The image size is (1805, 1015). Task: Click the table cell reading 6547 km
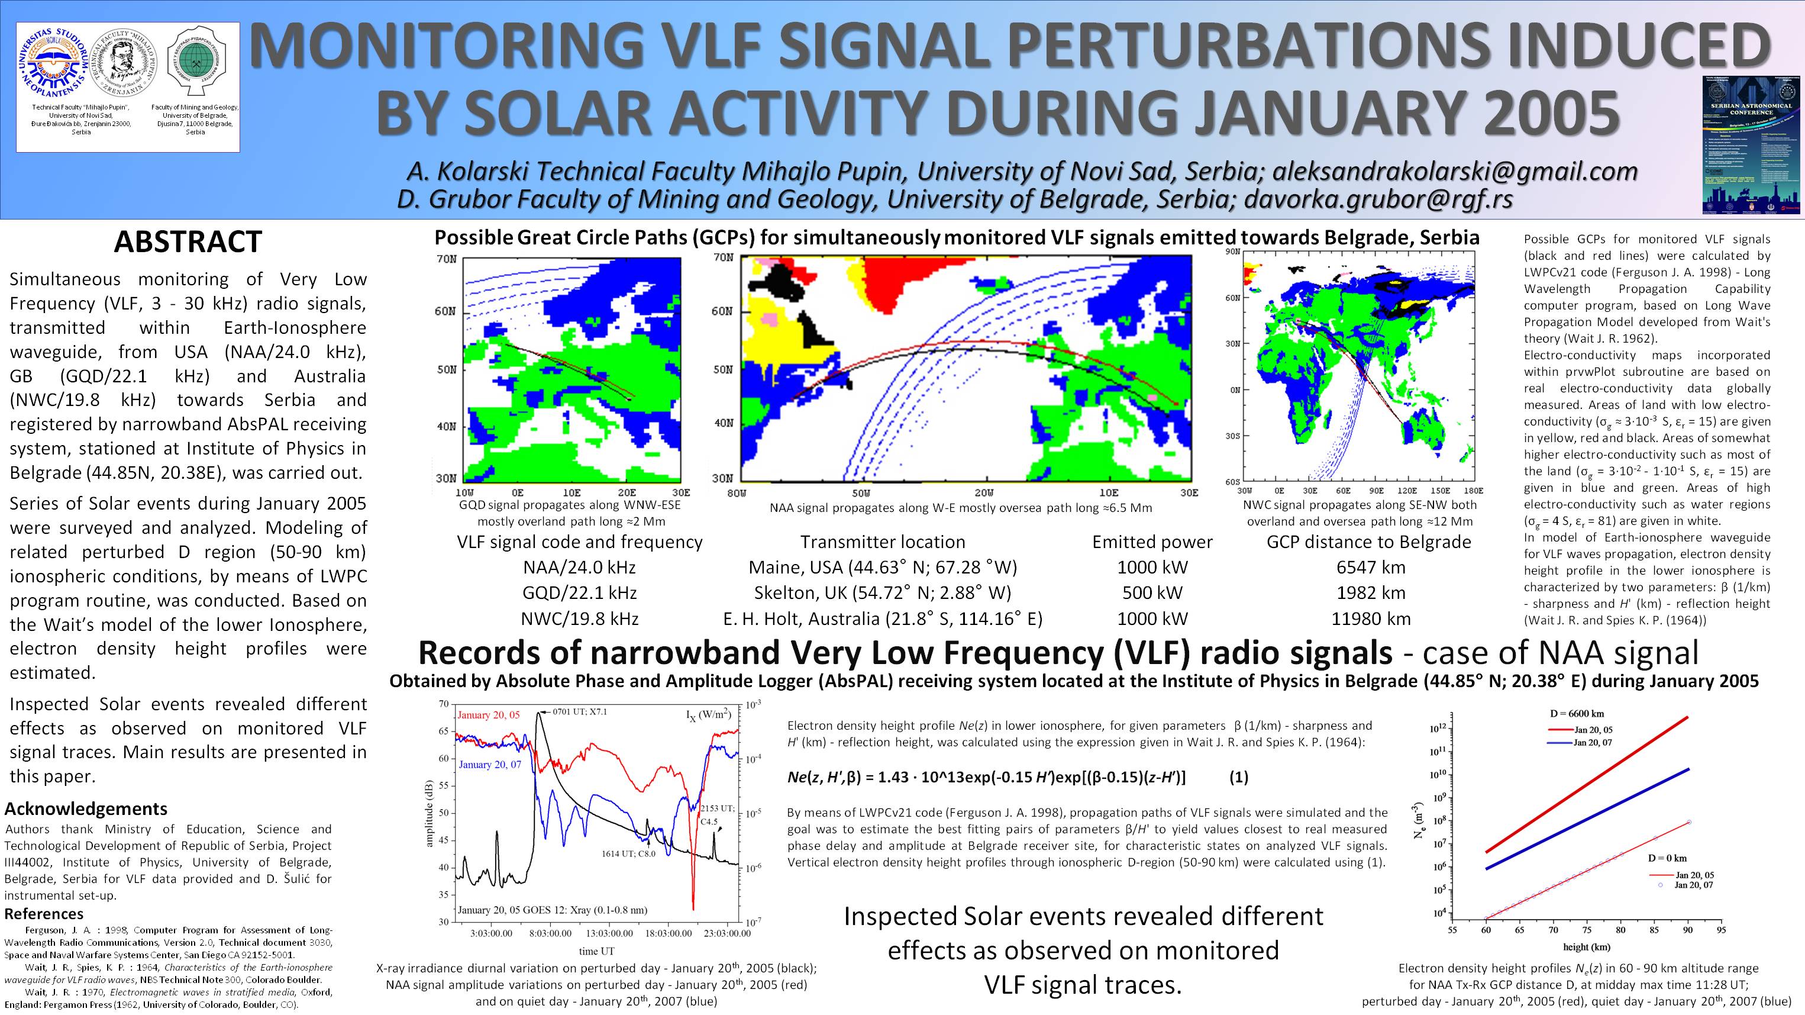(1371, 567)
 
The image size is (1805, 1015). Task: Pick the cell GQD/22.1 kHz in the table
(579, 593)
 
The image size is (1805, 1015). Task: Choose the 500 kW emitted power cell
(1152, 593)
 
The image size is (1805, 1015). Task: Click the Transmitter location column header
(882, 542)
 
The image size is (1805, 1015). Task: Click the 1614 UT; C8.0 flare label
(628, 854)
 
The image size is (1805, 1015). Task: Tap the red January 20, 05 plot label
(489, 715)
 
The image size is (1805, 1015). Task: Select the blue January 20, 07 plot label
(490, 764)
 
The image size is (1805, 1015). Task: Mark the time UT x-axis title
(597, 951)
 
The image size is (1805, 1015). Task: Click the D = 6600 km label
(1577, 714)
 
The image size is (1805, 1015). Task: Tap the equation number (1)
(1239, 777)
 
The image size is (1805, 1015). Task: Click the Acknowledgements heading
(86, 809)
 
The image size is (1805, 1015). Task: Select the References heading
(44, 913)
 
